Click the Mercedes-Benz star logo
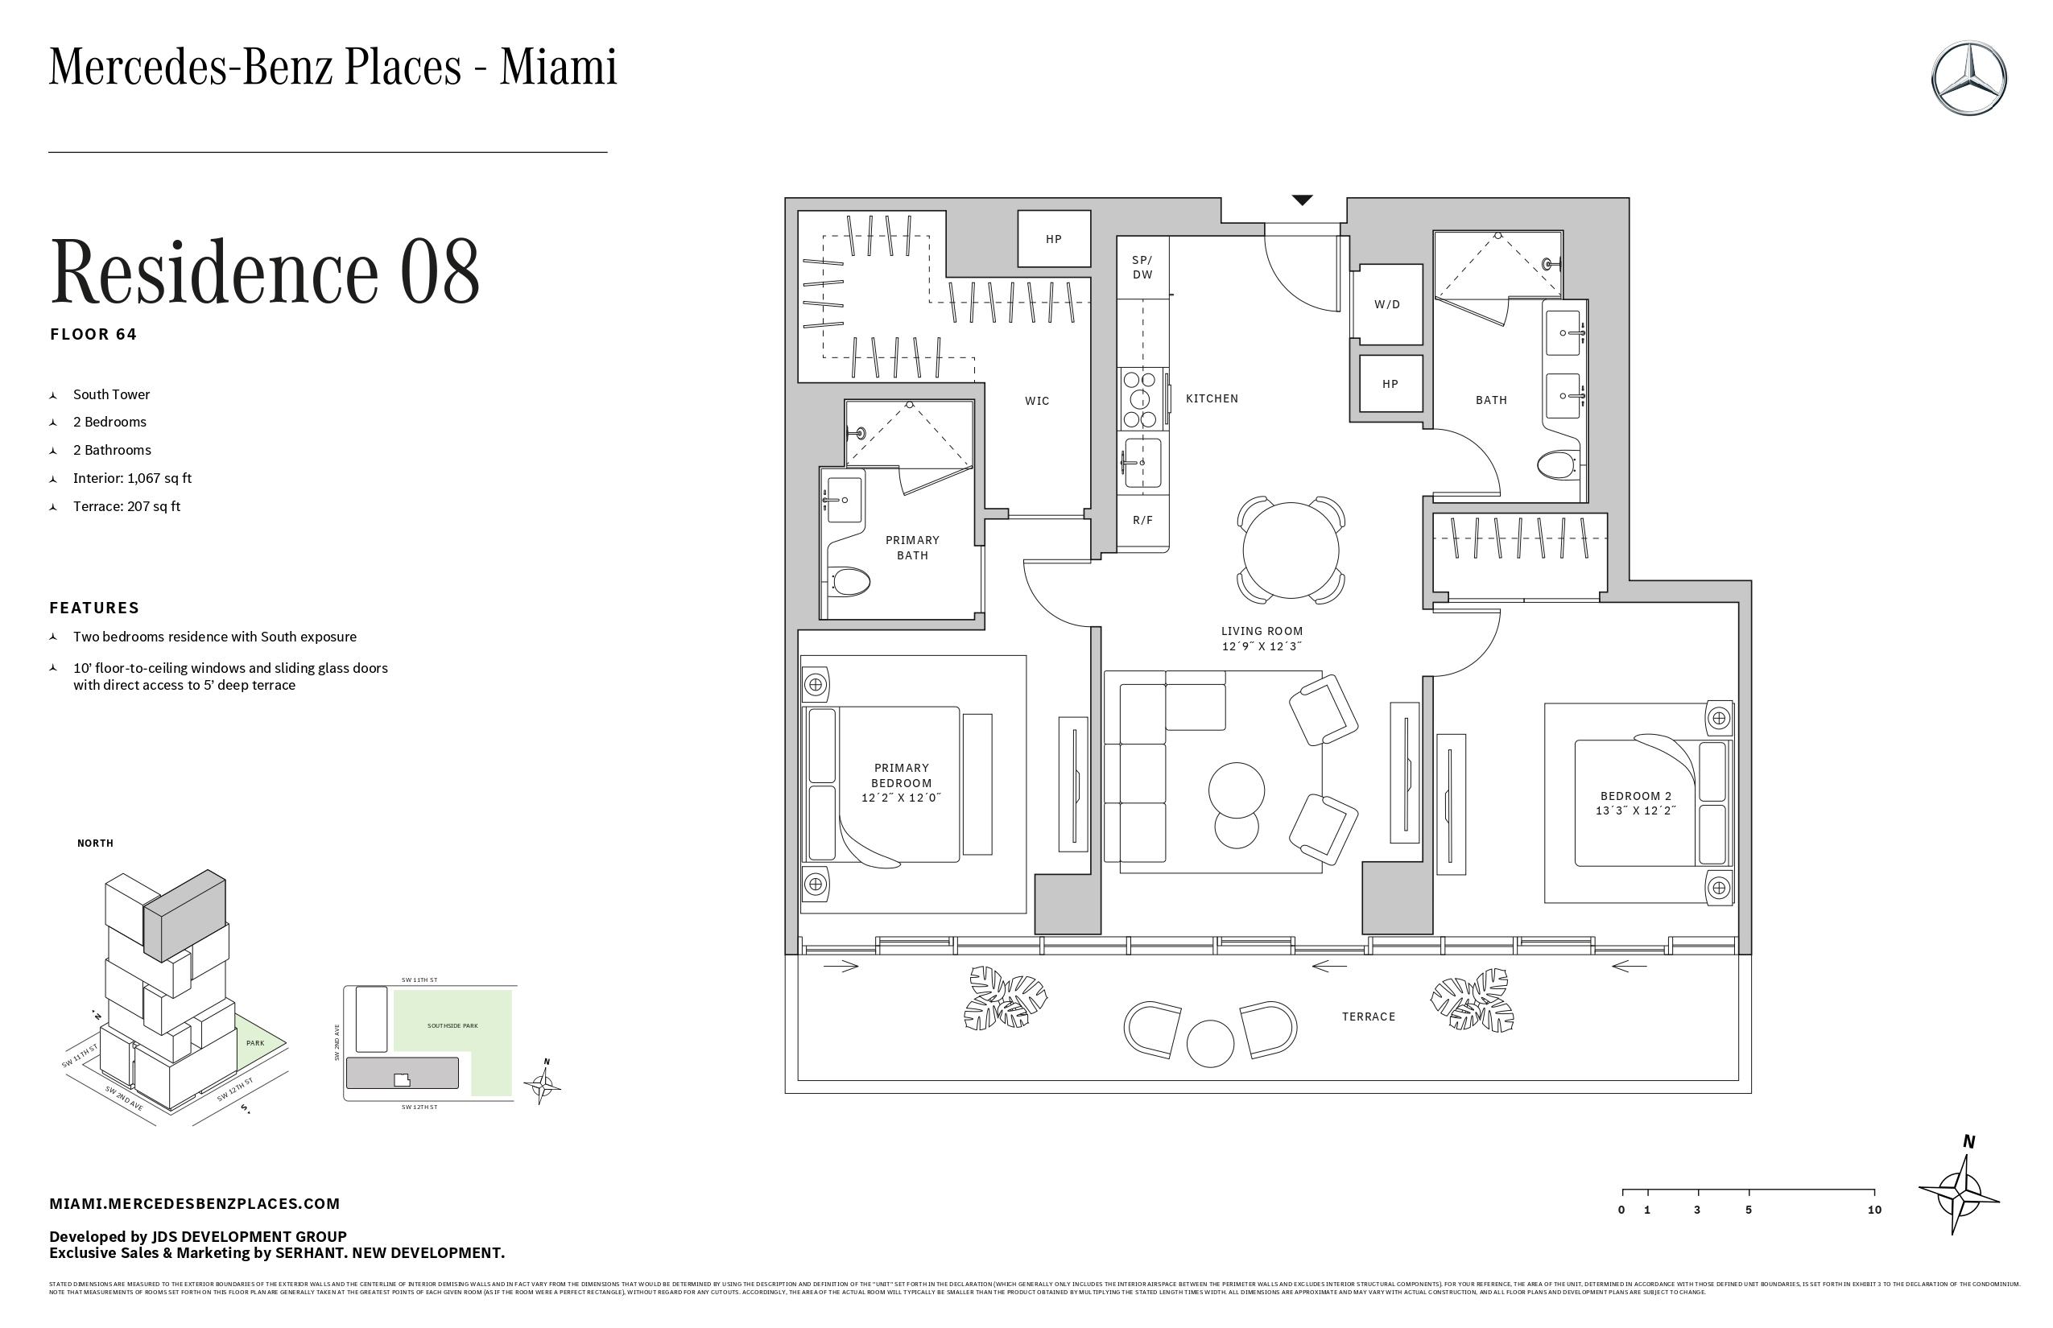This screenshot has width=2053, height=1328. pos(1968,77)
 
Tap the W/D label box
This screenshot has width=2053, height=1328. pos(1387,304)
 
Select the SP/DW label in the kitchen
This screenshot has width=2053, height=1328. pos(1142,267)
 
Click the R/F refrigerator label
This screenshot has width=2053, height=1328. pos(1142,520)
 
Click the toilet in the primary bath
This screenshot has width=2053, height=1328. pos(849,582)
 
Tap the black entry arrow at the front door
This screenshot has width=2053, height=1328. pos(1302,200)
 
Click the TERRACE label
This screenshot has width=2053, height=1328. pos(1368,1017)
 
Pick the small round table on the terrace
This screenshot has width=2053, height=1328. pos(1210,1042)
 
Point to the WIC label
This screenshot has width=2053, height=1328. pos(1037,401)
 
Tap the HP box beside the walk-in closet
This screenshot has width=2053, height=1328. pos(1053,239)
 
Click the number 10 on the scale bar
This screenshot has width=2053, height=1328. pos(1874,1210)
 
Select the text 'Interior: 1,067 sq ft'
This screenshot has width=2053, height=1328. pos(132,478)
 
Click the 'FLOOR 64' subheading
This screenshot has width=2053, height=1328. pos(93,334)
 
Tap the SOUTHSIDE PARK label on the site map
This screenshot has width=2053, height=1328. pos(452,1026)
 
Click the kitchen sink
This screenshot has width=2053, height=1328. pos(1142,462)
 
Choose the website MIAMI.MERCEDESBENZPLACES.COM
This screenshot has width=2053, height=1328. pos(194,1203)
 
